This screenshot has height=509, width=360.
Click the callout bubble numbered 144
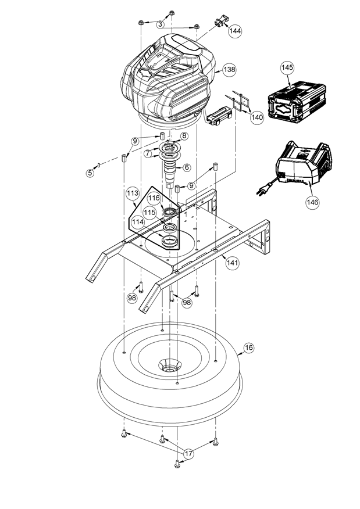click(235, 31)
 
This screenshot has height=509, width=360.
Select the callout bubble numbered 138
click(229, 70)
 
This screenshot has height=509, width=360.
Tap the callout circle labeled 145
click(287, 67)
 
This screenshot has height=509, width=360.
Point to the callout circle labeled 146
click(312, 202)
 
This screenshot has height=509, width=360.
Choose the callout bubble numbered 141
click(233, 262)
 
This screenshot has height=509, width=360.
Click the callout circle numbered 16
click(248, 348)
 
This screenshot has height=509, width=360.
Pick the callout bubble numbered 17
click(189, 453)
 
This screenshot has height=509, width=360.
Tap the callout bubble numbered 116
click(154, 198)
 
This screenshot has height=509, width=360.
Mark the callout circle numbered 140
click(257, 117)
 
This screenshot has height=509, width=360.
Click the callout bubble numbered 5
click(90, 173)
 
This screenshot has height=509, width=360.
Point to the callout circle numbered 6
click(187, 167)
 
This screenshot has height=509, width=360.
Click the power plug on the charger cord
click(261, 192)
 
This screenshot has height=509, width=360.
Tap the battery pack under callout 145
click(297, 102)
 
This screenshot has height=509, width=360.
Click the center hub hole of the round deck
click(169, 368)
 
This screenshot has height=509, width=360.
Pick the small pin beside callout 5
click(98, 165)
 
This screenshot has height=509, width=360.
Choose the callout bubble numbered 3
click(161, 24)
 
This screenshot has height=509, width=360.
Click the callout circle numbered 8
click(184, 136)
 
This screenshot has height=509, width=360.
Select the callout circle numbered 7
click(148, 153)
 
